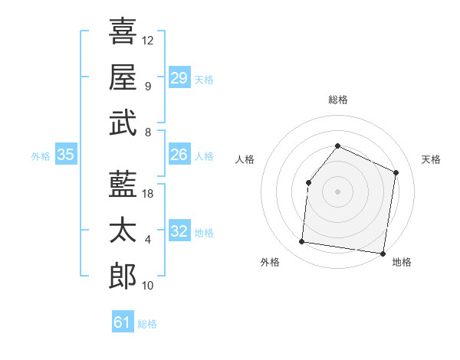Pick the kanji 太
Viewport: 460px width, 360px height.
[x=123, y=230]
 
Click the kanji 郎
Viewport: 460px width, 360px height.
[x=123, y=276]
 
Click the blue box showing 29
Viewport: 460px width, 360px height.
[x=179, y=78]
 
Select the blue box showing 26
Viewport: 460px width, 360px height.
[x=179, y=155]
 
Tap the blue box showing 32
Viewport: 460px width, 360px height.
[x=179, y=231]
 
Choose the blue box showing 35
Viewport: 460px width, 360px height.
[x=65, y=155]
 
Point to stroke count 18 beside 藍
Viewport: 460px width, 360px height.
[x=148, y=194]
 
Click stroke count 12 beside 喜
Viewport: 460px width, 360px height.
[x=148, y=40]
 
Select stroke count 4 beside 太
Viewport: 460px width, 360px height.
[x=147, y=240]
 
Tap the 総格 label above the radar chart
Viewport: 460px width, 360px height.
[x=337, y=100]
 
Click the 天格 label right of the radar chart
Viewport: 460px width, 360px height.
[x=431, y=159]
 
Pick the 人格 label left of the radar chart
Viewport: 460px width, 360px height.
[x=245, y=159]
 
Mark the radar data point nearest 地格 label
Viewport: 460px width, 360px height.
[x=383, y=253]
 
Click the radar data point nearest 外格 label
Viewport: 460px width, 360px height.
[x=302, y=242]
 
